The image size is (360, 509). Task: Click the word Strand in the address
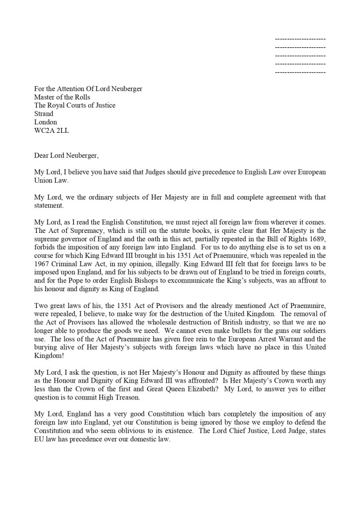pos(44,114)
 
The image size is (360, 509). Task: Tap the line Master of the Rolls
pos(62,97)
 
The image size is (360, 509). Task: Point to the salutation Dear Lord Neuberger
pos(67,155)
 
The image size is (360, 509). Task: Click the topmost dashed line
pos(300,39)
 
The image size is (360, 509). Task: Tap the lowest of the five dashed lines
pos(300,73)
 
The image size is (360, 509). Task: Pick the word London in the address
pos(45,122)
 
